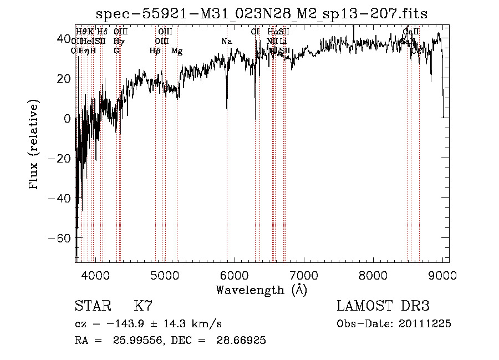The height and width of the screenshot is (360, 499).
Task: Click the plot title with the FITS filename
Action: (262, 13)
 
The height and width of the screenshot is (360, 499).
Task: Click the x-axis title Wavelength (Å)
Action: (261, 290)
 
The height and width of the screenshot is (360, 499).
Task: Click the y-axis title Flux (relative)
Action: (34, 145)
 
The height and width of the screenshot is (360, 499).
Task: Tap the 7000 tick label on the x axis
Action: (304, 275)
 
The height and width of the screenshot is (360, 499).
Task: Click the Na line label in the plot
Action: (226, 42)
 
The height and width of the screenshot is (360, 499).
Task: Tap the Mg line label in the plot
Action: (177, 51)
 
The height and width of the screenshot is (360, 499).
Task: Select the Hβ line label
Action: (155, 51)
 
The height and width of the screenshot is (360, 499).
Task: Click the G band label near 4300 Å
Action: (116, 51)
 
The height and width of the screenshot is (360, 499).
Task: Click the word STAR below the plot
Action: (93, 306)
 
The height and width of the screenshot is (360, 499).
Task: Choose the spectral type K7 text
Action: (143, 306)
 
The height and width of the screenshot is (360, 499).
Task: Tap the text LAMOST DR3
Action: (383, 306)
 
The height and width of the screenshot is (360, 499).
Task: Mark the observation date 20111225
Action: (425, 324)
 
